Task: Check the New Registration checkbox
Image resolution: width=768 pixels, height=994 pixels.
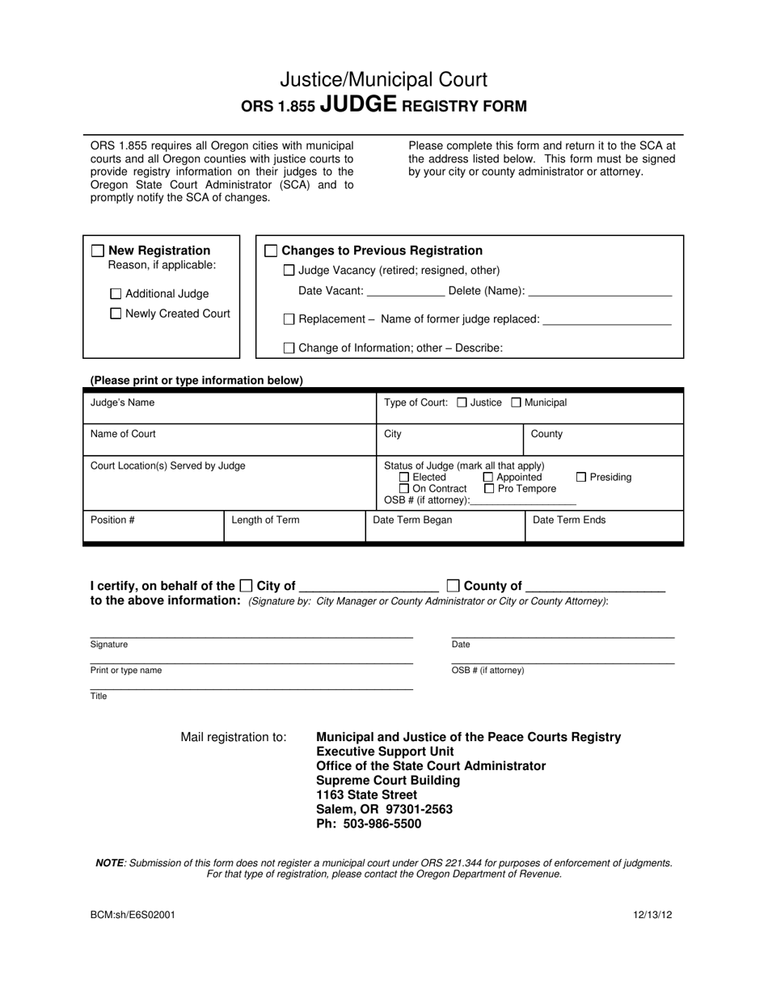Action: [x=98, y=251]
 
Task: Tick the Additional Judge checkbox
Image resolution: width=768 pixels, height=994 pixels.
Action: [x=116, y=294]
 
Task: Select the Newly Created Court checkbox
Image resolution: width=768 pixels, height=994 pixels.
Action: [x=116, y=314]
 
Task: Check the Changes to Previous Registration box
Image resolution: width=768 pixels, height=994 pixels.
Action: [x=272, y=251]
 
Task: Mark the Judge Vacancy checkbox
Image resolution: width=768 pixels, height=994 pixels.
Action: [x=289, y=271]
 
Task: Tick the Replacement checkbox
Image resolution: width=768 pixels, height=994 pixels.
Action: [x=289, y=320]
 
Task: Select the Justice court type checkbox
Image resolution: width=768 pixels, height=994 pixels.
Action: [x=462, y=402]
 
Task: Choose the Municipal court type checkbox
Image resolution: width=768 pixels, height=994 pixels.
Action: [x=517, y=402]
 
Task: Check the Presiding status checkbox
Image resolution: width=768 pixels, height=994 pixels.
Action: [x=581, y=478]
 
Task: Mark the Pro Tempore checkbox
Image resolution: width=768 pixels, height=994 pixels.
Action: [x=489, y=489]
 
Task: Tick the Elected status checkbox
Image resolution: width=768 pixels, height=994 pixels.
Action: [x=405, y=478]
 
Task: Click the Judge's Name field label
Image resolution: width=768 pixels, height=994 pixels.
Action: [x=122, y=402]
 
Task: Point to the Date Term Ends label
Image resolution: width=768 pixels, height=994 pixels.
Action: [x=569, y=520]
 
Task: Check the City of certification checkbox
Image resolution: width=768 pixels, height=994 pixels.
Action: [x=247, y=586]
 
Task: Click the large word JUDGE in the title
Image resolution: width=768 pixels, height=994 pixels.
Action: [x=358, y=104]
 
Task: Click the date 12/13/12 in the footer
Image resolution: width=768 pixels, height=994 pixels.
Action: [x=653, y=916]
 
